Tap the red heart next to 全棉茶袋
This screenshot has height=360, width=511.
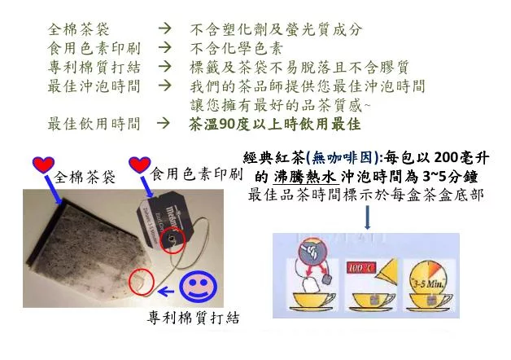[43, 165]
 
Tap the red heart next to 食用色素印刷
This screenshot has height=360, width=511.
[140, 165]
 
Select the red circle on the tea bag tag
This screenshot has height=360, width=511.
[173, 240]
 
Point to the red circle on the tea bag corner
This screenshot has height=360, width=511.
[141, 282]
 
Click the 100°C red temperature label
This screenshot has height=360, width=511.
[361, 268]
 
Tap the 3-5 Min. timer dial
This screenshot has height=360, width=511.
[427, 276]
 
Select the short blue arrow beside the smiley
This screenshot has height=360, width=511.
[165, 290]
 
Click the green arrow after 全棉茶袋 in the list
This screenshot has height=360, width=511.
[164, 29]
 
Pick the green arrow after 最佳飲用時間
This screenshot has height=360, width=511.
[163, 123]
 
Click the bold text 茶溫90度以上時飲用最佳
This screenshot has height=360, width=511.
[275, 124]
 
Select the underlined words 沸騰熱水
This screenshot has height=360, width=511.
[304, 178]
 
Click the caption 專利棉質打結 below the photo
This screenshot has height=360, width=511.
[194, 318]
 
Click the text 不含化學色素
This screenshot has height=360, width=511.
[236, 49]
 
